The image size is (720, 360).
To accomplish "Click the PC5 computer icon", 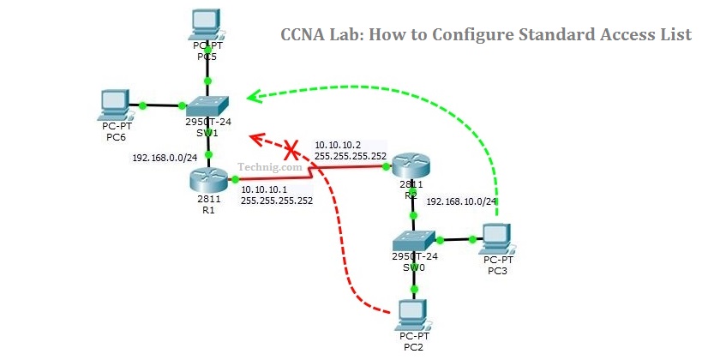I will [x=206, y=24].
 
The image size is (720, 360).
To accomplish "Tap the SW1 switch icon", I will [x=208, y=106].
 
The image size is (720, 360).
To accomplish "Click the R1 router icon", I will [x=208, y=180].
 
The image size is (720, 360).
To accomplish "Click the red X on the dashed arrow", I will [x=291, y=151].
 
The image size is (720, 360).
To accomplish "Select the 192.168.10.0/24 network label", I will [x=462, y=202].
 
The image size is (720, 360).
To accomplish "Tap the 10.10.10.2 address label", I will [x=339, y=145].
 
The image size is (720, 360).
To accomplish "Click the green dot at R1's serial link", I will [x=234, y=180].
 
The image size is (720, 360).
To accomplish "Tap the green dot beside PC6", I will [x=142, y=105].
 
